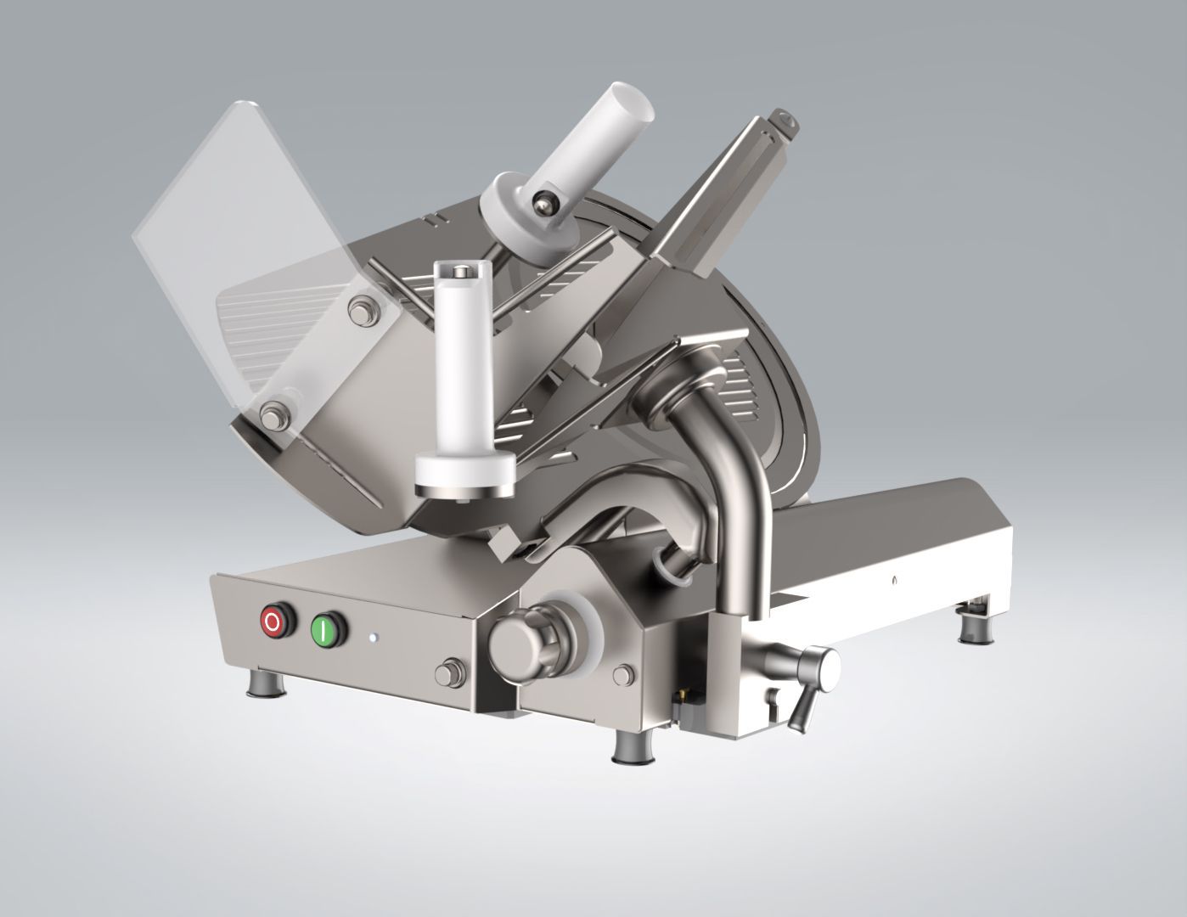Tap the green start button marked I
coord(323,630)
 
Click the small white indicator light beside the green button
coord(371,636)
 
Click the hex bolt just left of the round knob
coord(445,673)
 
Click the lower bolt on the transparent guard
coord(273,414)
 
